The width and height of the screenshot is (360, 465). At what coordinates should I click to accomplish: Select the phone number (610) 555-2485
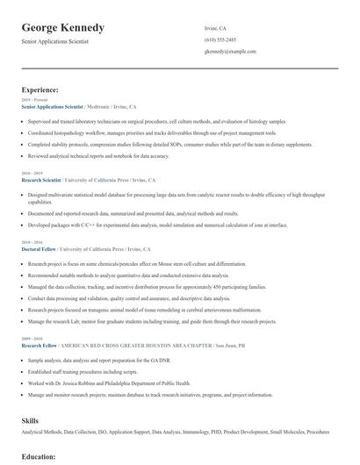[x=220, y=39]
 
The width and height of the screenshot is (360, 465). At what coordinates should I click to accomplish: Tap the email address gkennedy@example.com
[x=230, y=52]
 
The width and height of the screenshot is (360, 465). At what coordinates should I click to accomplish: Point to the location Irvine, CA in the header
[x=217, y=27]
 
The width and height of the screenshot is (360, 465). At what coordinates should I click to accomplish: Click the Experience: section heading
[x=40, y=89]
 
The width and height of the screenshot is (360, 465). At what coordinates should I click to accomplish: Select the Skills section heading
[x=31, y=420]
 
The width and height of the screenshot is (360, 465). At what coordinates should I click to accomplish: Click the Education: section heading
[x=39, y=457]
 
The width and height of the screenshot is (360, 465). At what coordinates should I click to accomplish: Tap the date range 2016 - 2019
[x=32, y=173]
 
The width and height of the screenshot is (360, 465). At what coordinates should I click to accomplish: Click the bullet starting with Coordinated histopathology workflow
[x=141, y=132]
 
